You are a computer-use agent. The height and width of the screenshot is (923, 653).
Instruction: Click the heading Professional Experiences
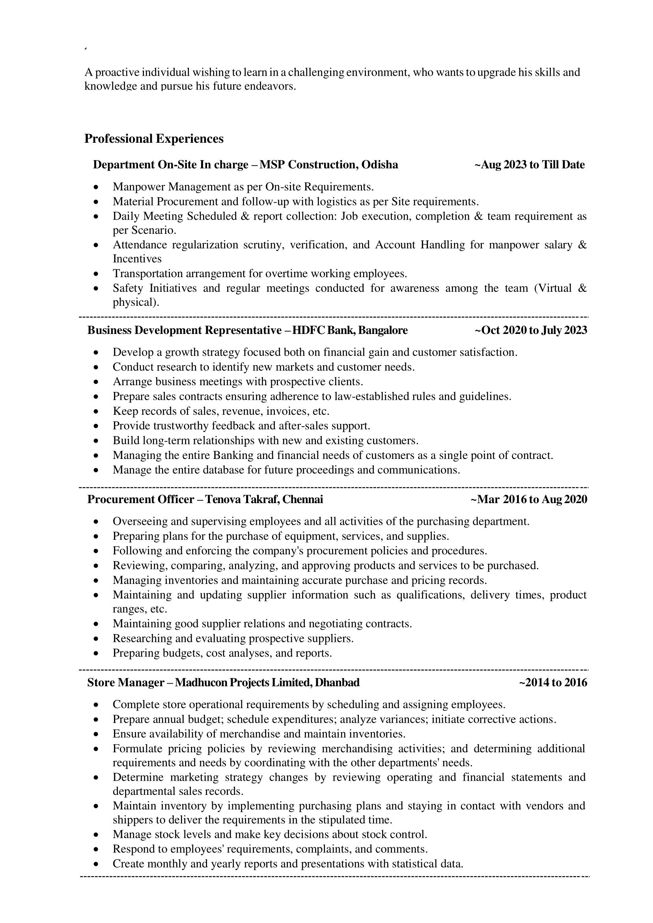(x=154, y=139)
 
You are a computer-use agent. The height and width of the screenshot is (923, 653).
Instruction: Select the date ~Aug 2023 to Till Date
(x=530, y=165)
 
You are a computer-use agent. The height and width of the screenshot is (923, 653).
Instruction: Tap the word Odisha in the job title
(x=380, y=165)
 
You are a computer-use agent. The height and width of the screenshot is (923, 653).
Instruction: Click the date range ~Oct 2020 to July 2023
(x=531, y=330)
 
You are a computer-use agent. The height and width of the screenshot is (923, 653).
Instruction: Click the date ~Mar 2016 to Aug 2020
(x=529, y=500)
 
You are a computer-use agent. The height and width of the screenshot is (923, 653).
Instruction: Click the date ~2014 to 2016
(x=553, y=682)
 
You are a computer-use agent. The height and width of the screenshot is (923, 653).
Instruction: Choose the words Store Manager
(x=126, y=682)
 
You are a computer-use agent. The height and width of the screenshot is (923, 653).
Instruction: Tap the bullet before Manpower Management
(x=96, y=187)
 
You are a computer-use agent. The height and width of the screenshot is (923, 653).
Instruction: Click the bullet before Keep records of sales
(x=96, y=412)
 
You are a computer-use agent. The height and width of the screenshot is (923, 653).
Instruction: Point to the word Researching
(x=140, y=638)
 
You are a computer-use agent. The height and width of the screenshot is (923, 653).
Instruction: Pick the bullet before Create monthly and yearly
(x=96, y=864)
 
